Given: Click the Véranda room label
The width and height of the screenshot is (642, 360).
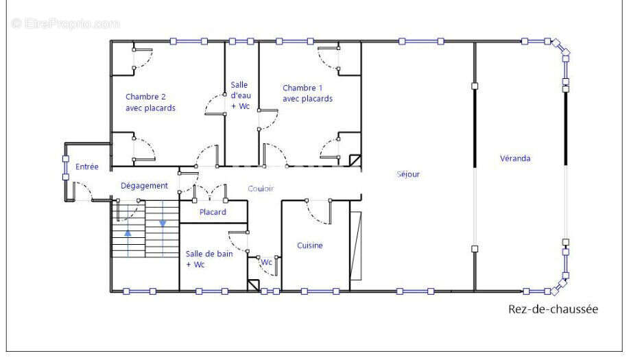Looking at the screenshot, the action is (515, 158).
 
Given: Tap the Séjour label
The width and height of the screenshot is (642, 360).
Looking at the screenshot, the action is (408, 174).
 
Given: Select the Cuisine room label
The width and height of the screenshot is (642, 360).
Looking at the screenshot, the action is (309, 245).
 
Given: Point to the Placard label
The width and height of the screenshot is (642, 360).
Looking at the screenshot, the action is (213, 212).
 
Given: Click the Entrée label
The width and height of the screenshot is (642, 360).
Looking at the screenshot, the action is (87, 167).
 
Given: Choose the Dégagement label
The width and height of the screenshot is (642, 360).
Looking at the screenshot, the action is (144, 186).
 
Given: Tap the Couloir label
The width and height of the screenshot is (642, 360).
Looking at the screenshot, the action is (261, 189).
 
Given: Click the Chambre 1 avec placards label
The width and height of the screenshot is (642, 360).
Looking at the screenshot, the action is (307, 93).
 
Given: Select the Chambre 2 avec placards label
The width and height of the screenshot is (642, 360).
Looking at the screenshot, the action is (150, 102).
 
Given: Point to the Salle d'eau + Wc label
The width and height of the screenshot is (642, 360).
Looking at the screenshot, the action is (240, 95).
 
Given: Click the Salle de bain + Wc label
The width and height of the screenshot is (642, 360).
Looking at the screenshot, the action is (209, 259).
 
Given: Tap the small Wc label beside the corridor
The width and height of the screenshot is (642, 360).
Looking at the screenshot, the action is (267, 262).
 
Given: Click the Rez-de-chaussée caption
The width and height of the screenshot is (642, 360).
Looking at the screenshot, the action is (553, 309).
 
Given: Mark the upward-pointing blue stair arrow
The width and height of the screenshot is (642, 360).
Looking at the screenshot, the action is (128, 233).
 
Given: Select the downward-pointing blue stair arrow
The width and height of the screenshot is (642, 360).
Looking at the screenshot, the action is (163, 224).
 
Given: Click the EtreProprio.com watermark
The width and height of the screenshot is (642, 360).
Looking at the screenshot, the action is (66, 24).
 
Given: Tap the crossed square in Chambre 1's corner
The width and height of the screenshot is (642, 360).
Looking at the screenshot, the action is (355, 160).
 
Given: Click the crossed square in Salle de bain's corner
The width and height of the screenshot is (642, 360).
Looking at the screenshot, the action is (254, 285).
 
